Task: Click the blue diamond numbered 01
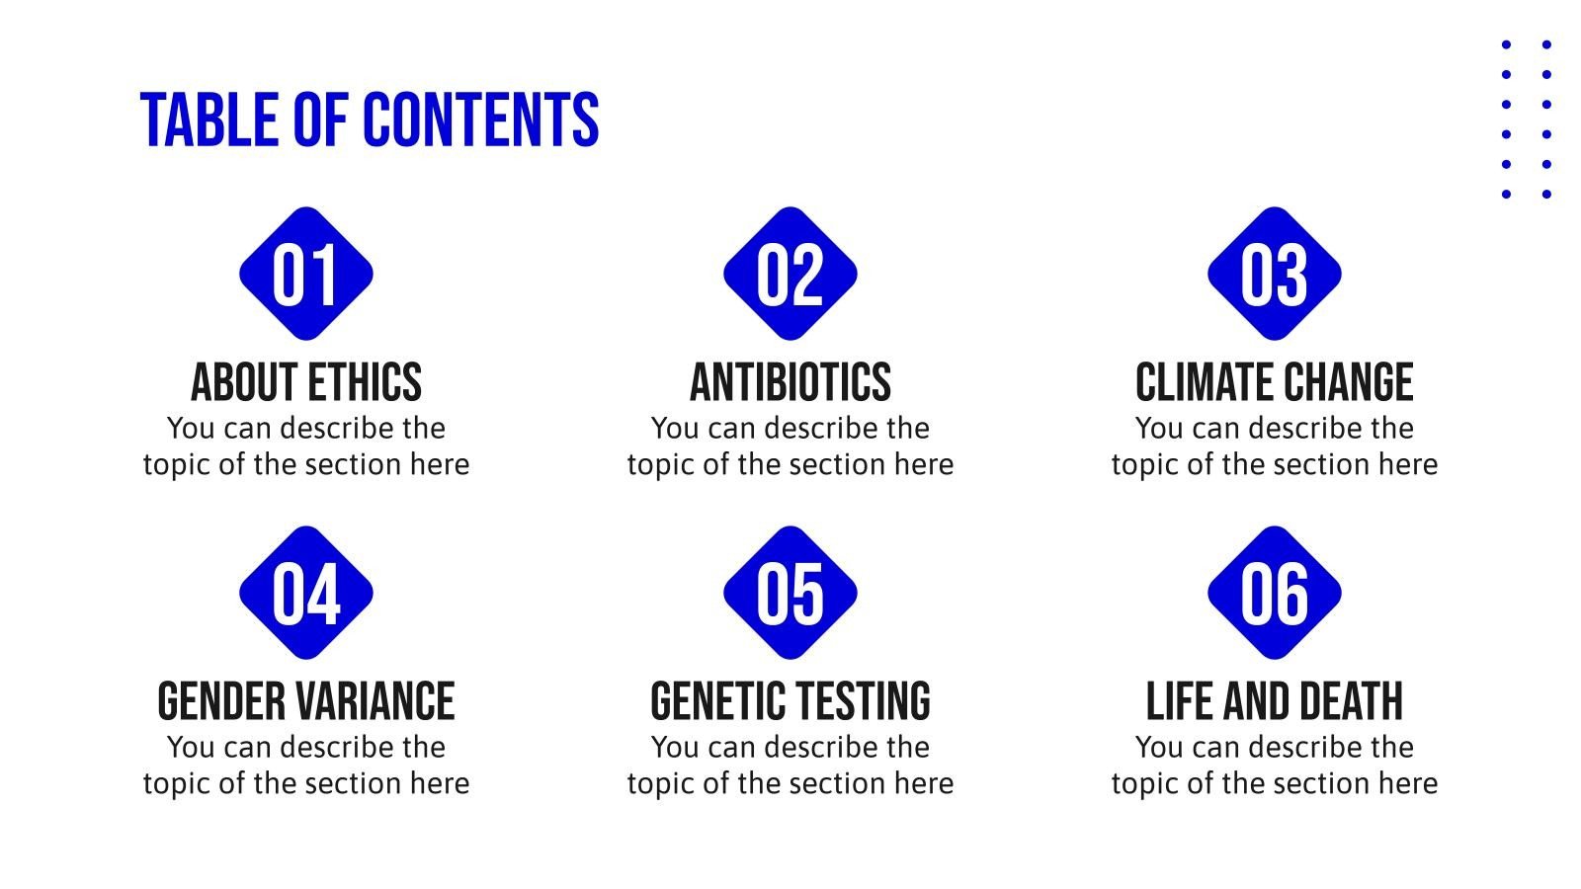(305, 274)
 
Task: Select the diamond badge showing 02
(790, 274)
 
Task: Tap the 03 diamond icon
(1274, 274)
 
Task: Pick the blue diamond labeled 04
(305, 593)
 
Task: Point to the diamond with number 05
(790, 593)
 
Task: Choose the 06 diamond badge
(1274, 593)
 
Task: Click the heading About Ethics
(305, 383)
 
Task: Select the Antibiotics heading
(790, 383)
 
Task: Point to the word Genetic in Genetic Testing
(704, 702)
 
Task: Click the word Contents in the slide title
(480, 121)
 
